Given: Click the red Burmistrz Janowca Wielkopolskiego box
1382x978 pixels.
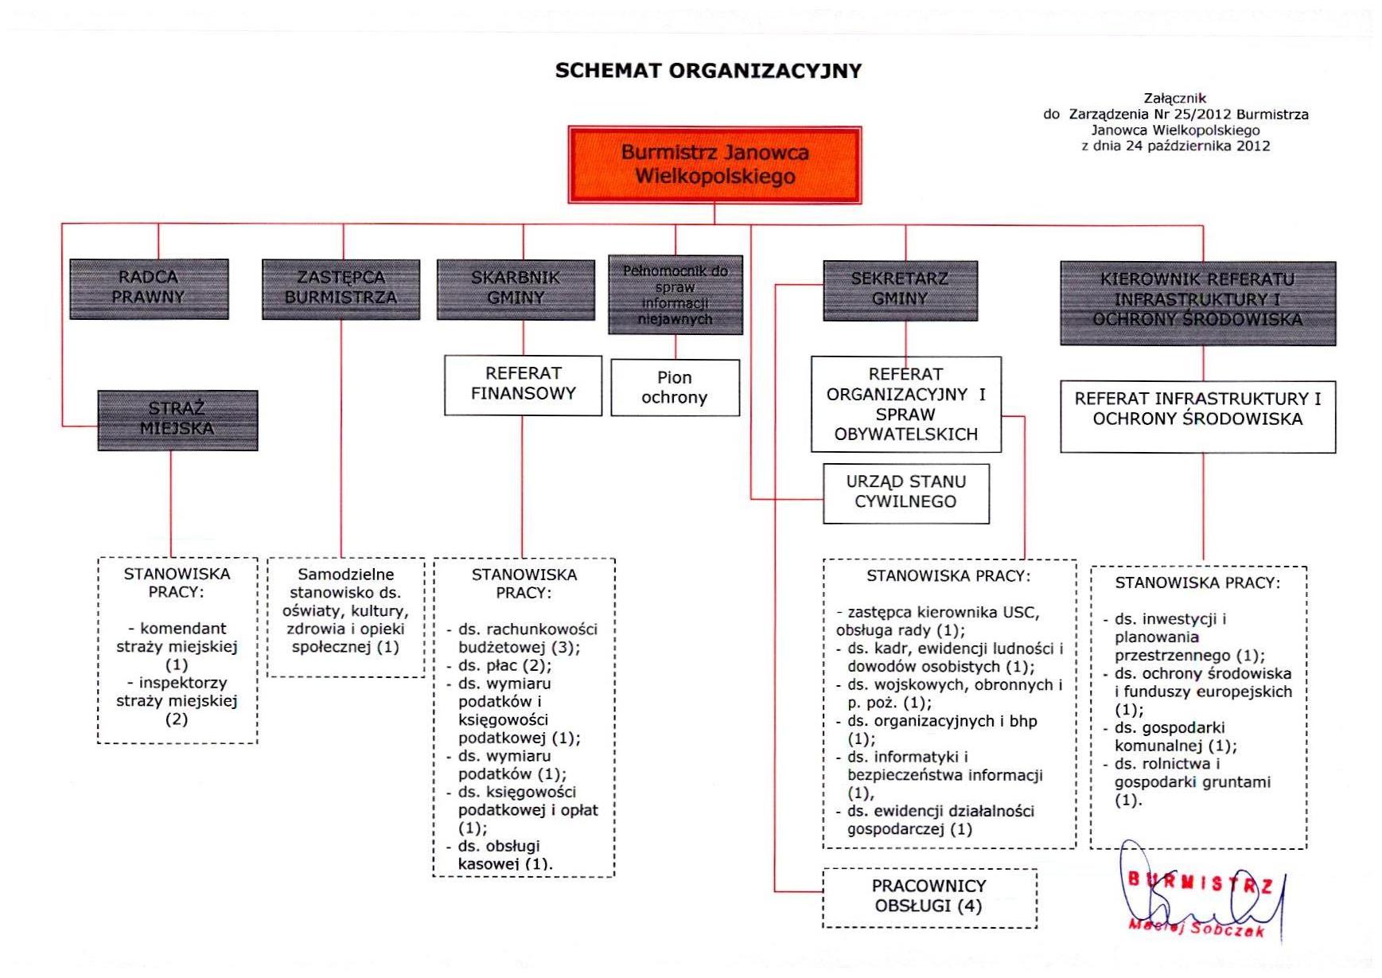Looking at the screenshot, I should point(714,165).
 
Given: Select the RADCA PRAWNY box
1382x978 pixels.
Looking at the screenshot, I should point(149,288).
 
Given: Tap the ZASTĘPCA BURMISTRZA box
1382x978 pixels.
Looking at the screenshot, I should point(341,288).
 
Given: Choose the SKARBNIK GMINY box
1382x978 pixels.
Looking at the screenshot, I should point(516,289).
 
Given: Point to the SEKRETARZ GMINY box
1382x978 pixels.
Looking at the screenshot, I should point(900,290).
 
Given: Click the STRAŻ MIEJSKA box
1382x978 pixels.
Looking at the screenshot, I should point(177,419).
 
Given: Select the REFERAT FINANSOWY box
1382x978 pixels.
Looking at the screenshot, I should point(523,384).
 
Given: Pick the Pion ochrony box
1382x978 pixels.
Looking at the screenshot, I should point(675,388).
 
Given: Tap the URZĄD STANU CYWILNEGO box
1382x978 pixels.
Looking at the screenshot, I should point(905,493).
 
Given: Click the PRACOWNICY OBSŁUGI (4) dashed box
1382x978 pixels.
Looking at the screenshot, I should point(928,897).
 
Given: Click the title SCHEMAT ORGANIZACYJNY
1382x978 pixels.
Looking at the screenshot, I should point(708,71).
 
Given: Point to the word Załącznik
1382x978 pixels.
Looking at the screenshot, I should point(1175,99).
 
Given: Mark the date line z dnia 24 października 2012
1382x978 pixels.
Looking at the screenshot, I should point(1175,146).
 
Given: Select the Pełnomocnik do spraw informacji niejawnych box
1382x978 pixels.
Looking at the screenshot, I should point(675,294).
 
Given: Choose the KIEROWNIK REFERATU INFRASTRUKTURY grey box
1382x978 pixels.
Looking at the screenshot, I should point(1197,302).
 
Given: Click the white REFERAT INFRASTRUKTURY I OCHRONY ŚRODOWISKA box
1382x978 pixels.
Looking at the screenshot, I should point(1197,415).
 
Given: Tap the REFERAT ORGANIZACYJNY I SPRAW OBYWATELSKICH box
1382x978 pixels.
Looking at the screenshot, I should point(905,404).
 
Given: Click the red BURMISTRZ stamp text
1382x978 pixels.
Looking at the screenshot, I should point(1200,882).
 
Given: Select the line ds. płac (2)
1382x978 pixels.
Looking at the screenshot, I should point(504,666).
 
